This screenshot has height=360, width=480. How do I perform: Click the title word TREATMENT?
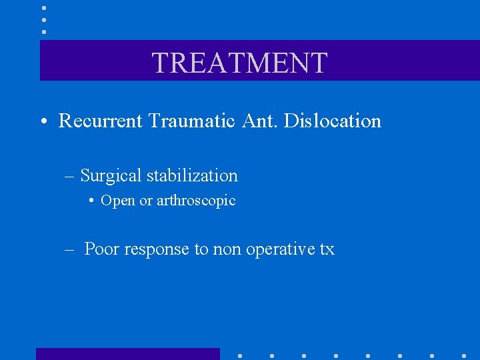pyautogui.click(x=240, y=63)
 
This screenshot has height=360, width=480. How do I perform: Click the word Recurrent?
pyautogui.click(x=101, y=121)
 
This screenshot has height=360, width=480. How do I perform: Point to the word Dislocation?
pyautogui.click(x=333, y=121)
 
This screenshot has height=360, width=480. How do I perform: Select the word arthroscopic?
pyautogui.click(x=196, y=201)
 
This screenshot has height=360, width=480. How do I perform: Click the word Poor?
pyautogui.click(x=102, y=249)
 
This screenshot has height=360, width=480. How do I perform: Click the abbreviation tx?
pyautogui.click(x=327, y=250)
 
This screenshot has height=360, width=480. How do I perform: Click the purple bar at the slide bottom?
pyautogui.click(x=127, y=353)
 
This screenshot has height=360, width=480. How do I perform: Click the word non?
pyautogui.click(x=227, y=250)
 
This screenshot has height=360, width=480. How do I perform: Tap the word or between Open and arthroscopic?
pyautogui.click(x=146, y=201)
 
